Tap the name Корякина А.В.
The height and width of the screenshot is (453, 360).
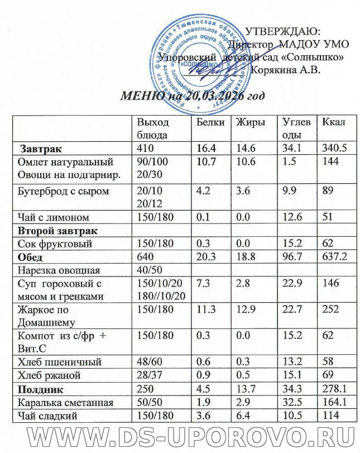[286, 70]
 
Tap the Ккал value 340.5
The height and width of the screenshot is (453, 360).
[332, 149]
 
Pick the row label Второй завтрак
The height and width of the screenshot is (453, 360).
[58, 231]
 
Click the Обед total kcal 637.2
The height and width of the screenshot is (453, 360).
[332, 258]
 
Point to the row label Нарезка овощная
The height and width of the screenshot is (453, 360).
[59, 271]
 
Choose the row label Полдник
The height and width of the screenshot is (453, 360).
[41, 388]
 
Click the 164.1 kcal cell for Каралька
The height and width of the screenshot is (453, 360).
[332, 402]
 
